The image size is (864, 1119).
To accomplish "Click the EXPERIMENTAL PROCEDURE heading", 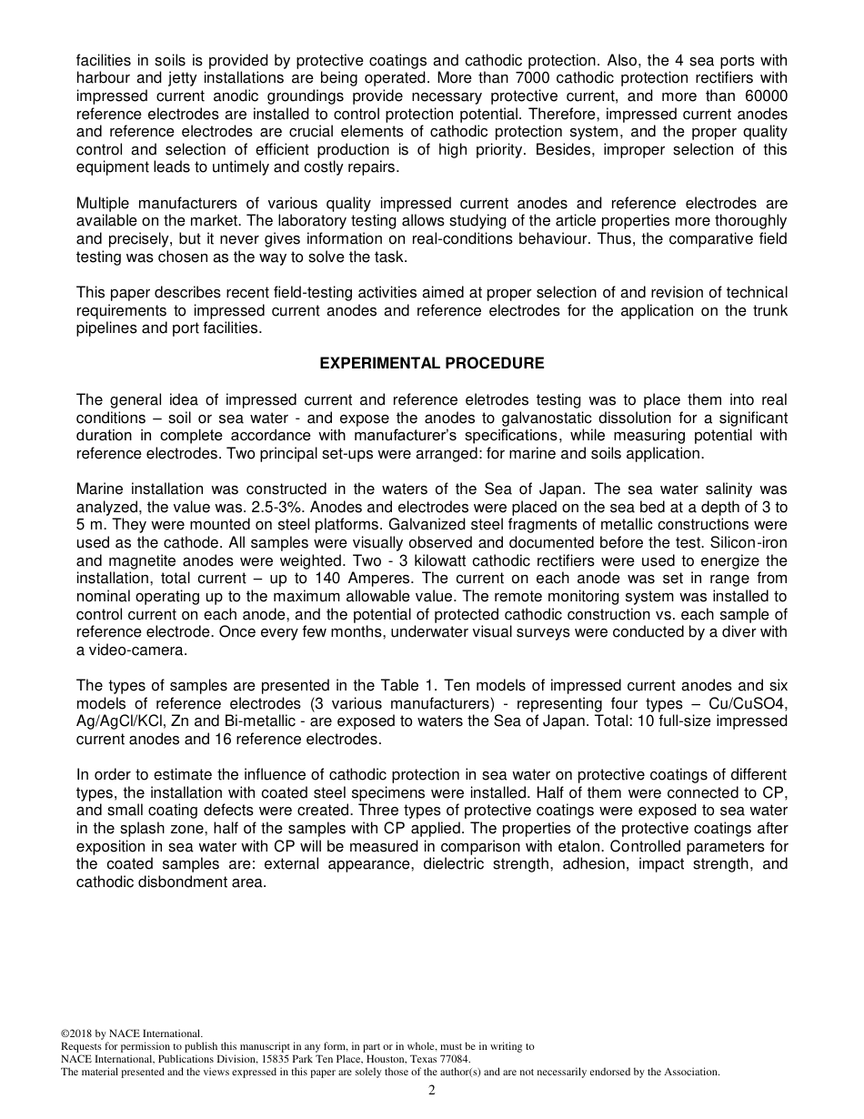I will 432,363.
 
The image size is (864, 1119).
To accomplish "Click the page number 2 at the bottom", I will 432,1090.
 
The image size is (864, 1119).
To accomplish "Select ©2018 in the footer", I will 77,1033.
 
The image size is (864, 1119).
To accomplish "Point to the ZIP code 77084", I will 453,1059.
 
